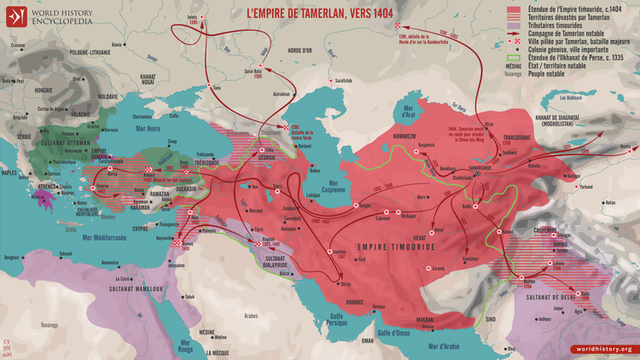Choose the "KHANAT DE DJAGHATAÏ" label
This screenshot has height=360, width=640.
pos(588,117)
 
